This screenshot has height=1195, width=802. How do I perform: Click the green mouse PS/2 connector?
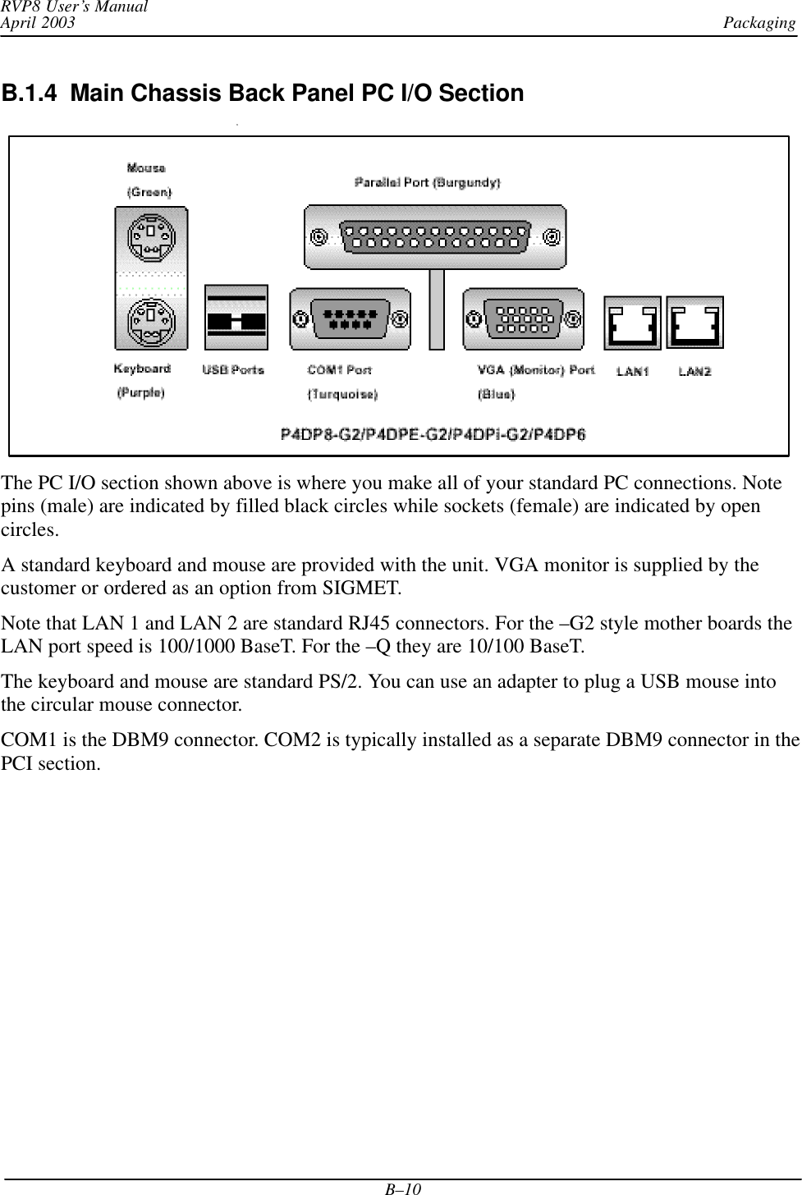pyautogui.click(x=151, y=236)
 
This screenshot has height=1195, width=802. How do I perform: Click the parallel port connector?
pyautogui.click(x=435, y=237)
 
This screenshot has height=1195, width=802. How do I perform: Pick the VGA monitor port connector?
pyautogui.click(x=524, y=318)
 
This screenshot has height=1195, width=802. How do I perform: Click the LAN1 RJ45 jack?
pyautogui.click(x=632, y=323)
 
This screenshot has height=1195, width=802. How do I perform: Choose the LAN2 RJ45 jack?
pyautogui.click(x=695, y=323)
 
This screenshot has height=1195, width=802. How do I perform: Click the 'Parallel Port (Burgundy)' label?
pyautogui.click(x=428, y=182)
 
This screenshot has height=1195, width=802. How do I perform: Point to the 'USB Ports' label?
pyautogui.click(x=233, y=370)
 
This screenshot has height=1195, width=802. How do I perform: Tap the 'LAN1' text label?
pyautogui.click(x=633, y=372)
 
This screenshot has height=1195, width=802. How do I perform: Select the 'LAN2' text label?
pyautogui.click(x=694, y=372)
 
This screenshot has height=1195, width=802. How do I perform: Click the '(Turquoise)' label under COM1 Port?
pyautogui.click(x=342, y=394)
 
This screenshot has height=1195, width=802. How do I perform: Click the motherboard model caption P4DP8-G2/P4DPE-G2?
pyautogui.click(x=433, y=434)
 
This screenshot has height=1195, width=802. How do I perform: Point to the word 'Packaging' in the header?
pyautogui.click(x=759, y=22)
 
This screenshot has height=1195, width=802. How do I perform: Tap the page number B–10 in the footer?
pyautogui.click(x=401, y=1188)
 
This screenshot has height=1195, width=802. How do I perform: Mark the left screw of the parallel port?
pyautogui.click(x=318, y=237)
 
